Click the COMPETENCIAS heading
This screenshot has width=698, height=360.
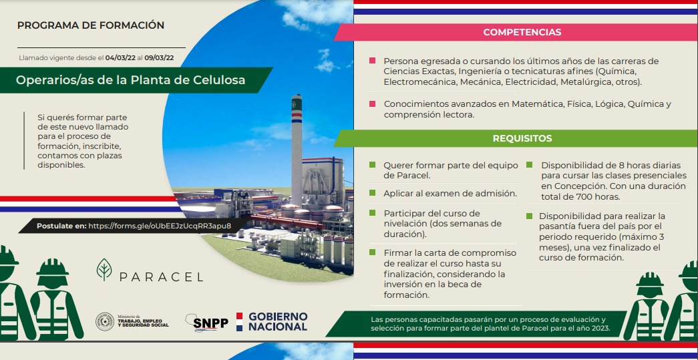click(522, 33)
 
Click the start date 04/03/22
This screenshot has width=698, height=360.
click(121, 58)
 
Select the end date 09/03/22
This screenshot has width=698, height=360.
click(160, 58)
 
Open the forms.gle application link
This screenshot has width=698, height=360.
click(160, 226)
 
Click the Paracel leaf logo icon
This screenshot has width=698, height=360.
click(104, 269)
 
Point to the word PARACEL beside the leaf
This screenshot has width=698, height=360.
click(161, 277)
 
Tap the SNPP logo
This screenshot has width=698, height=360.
click(206, 322)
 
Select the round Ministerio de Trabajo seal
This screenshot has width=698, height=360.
click(105, 322)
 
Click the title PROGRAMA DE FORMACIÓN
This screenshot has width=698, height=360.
click(91, 25)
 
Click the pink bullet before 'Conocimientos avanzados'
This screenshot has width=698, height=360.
click(372, 104)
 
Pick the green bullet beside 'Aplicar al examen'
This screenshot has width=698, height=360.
click(372, 192)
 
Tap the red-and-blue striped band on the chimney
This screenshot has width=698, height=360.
click(297, 117)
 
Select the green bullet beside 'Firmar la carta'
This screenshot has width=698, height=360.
click(372, 252)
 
